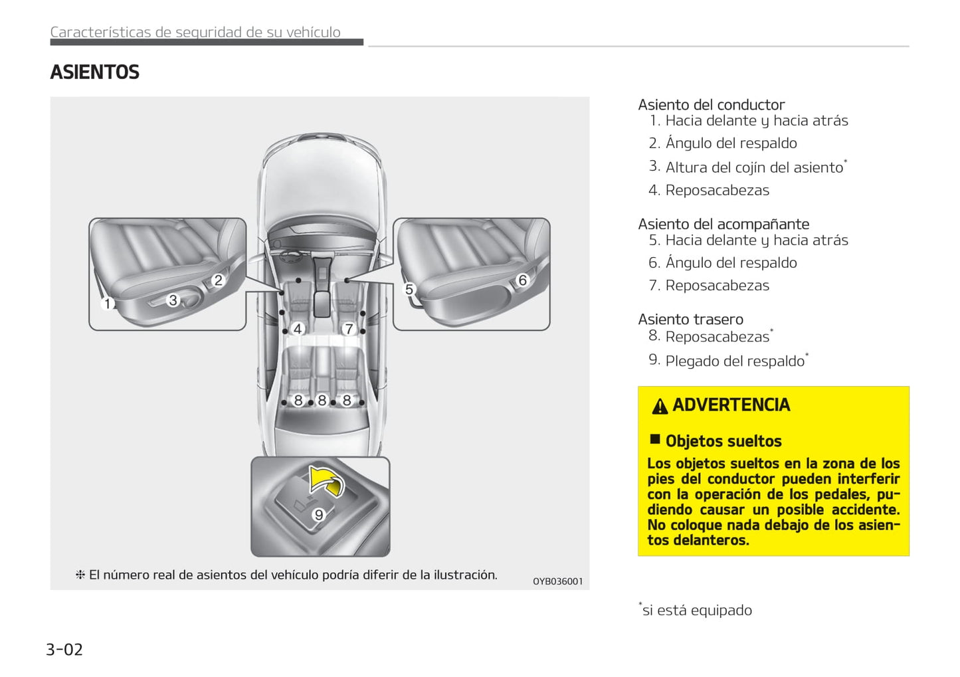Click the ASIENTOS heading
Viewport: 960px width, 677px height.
coord(94,72)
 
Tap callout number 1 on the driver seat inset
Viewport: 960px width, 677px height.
coord(108,304)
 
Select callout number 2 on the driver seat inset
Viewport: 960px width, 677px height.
coord(218,280)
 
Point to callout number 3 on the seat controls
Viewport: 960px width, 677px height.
coord(173,300)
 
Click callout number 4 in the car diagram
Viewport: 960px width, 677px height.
coord(298,328)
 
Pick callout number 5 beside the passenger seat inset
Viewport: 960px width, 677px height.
coord(409,290)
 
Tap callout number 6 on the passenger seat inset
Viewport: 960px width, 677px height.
coord(522,280)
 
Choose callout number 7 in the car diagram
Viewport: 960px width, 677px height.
coord(348,328)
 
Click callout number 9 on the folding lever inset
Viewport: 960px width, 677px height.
coord(319,515)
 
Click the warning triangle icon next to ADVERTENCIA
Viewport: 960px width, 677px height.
coord(659,406)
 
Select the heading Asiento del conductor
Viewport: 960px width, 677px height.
coord(711,105)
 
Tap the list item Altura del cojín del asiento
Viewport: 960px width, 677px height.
coord(753,167)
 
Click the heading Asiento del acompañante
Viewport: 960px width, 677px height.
coord(723,225)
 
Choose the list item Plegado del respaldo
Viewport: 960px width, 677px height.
coord(734,361)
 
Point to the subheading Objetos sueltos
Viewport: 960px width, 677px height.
coord(723,441)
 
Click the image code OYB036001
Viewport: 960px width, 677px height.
coord(557,581)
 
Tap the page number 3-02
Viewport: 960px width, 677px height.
coord(64,649)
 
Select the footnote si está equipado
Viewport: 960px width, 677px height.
coord(696,610)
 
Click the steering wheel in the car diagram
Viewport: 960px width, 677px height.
coord(290,253)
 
